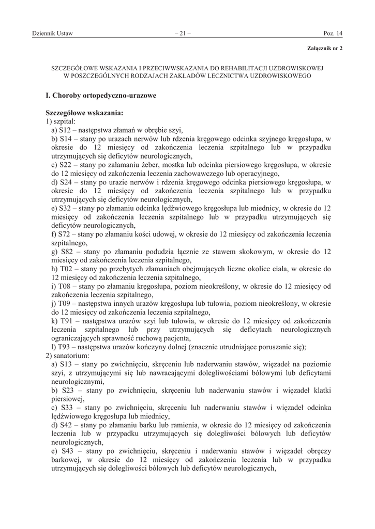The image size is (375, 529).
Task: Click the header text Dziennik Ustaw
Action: [x=52, y=34]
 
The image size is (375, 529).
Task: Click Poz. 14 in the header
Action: [x=333, y=34]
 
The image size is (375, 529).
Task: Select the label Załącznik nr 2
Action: [x=325, y=48]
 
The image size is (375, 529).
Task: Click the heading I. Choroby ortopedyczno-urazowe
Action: [x=101, y=96]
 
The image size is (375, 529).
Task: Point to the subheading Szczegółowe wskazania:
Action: [x=84, y=112]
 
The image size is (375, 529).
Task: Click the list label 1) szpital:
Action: [x=61, y=121]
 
